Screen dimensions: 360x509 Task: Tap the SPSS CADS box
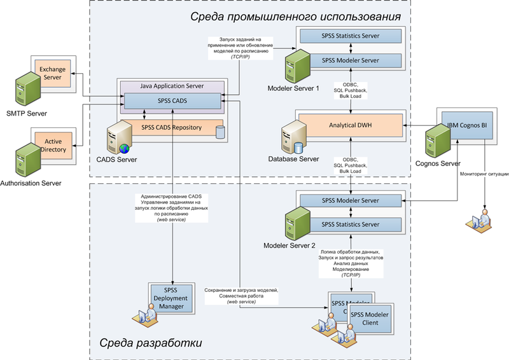click(x=172, y=100)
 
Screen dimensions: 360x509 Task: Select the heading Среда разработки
click(x=151, y=343)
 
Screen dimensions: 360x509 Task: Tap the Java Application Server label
click(x=172, y=85)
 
